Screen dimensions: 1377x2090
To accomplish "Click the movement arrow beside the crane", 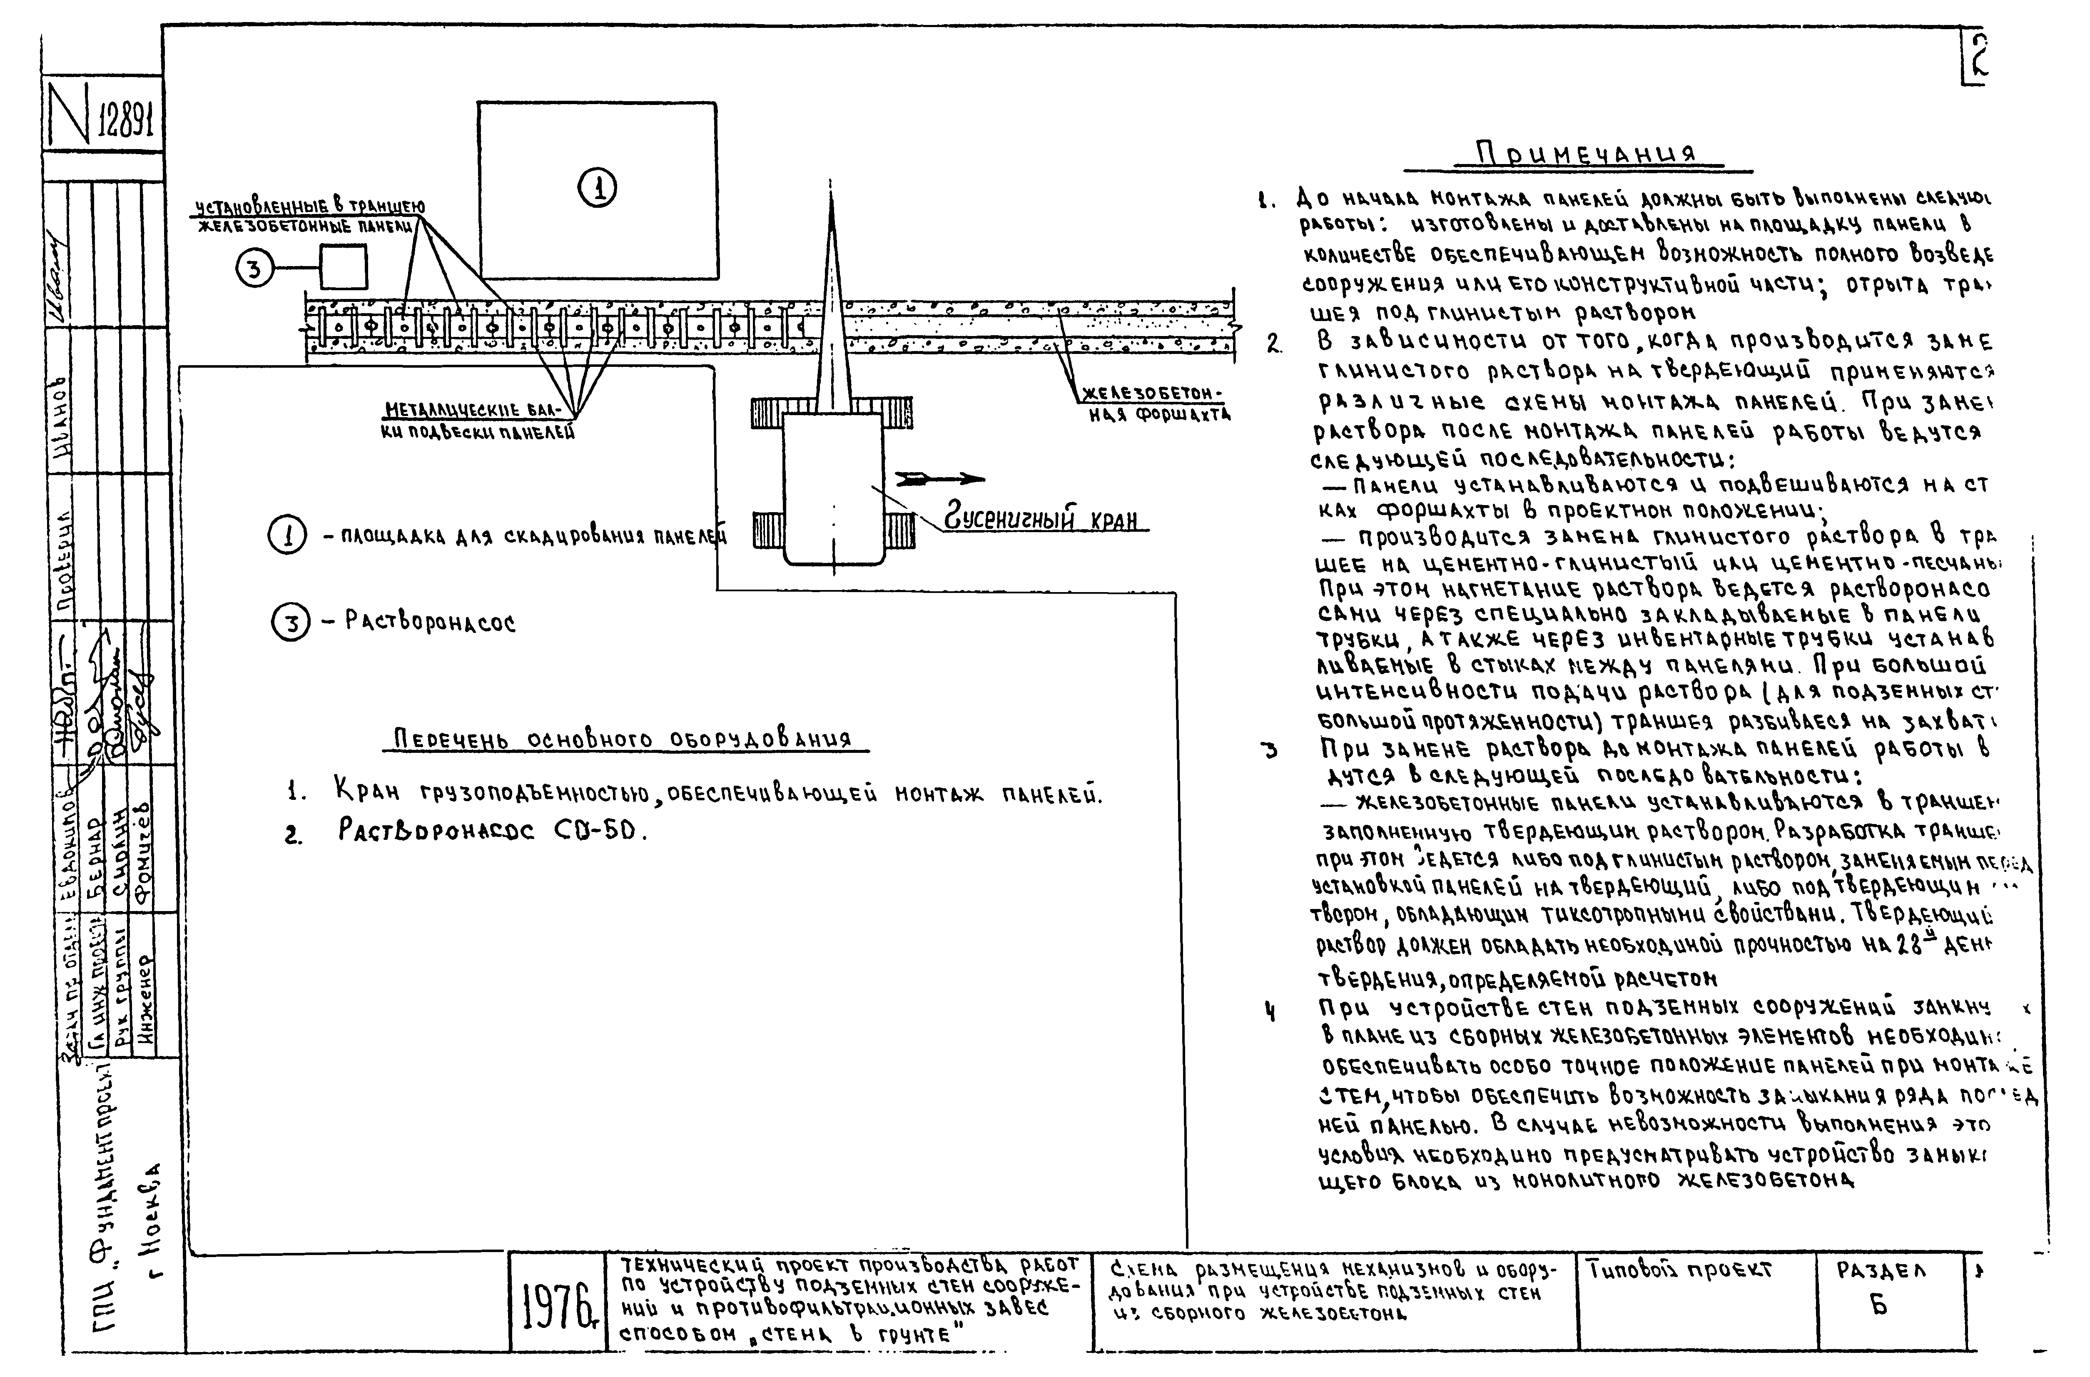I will [939, 478].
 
